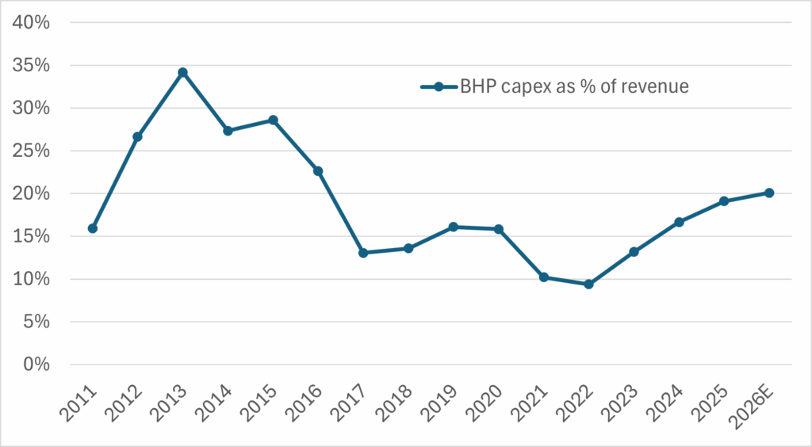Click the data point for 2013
(182, 72)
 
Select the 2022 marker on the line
(588, 284)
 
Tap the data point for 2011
(93, 228)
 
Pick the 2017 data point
(363, 253)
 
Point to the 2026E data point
(769, 193)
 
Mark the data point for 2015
(273, 120)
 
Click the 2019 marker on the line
(454, 227)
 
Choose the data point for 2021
(543, 277)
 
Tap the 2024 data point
(679, 222)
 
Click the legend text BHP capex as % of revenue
(575, 87)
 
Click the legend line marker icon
(439, 87)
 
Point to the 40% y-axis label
(32, 22)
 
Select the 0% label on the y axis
(36, 365)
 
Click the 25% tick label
(32, 151)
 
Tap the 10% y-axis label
(32, 279)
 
